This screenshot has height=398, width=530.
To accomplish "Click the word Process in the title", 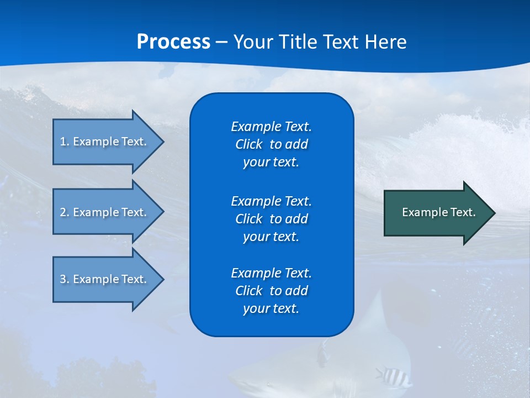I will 173,42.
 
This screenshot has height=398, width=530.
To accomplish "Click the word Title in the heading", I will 298,42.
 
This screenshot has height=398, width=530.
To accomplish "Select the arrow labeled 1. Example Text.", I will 105,142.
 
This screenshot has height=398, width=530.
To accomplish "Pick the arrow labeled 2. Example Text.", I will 105,212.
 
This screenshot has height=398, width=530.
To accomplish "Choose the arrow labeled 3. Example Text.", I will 105,279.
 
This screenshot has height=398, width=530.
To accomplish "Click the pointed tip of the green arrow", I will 493,213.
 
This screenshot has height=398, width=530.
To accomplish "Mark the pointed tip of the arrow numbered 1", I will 162,142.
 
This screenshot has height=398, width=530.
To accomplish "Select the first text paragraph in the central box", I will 271,144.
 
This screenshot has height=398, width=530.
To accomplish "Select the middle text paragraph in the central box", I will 271,218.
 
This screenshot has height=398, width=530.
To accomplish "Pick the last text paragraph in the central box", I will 271,291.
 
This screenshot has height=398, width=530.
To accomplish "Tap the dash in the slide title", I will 221,43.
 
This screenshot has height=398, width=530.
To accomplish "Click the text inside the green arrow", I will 438,212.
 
